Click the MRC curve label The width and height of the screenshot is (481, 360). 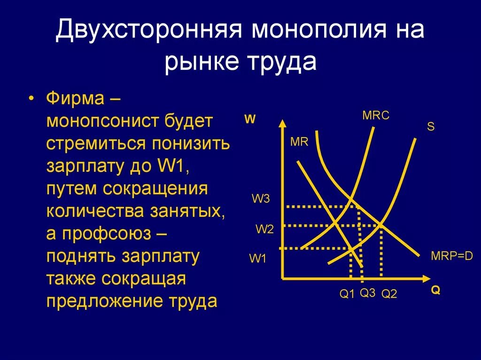(x=376, y=115)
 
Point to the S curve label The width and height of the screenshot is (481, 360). (x=430, y=127)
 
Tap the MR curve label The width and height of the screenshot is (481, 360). (x=299, y=142)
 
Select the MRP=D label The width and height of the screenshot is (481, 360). (x=451, y=256)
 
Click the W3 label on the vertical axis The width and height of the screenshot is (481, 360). (x=261, y=199)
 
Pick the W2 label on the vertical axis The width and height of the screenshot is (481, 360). (x=264, y=229)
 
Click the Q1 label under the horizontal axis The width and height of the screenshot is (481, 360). (x=347, y=294)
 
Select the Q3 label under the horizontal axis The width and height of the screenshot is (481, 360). (x=368, y=293)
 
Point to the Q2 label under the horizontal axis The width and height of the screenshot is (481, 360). (x=389, y=294)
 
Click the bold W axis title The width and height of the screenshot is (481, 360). (x=250, y=119)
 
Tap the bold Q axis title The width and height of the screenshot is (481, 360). (x=435, y=291)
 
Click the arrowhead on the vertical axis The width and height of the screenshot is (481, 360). (x=282, y=124)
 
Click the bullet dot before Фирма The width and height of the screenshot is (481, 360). (x=31, y=100)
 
